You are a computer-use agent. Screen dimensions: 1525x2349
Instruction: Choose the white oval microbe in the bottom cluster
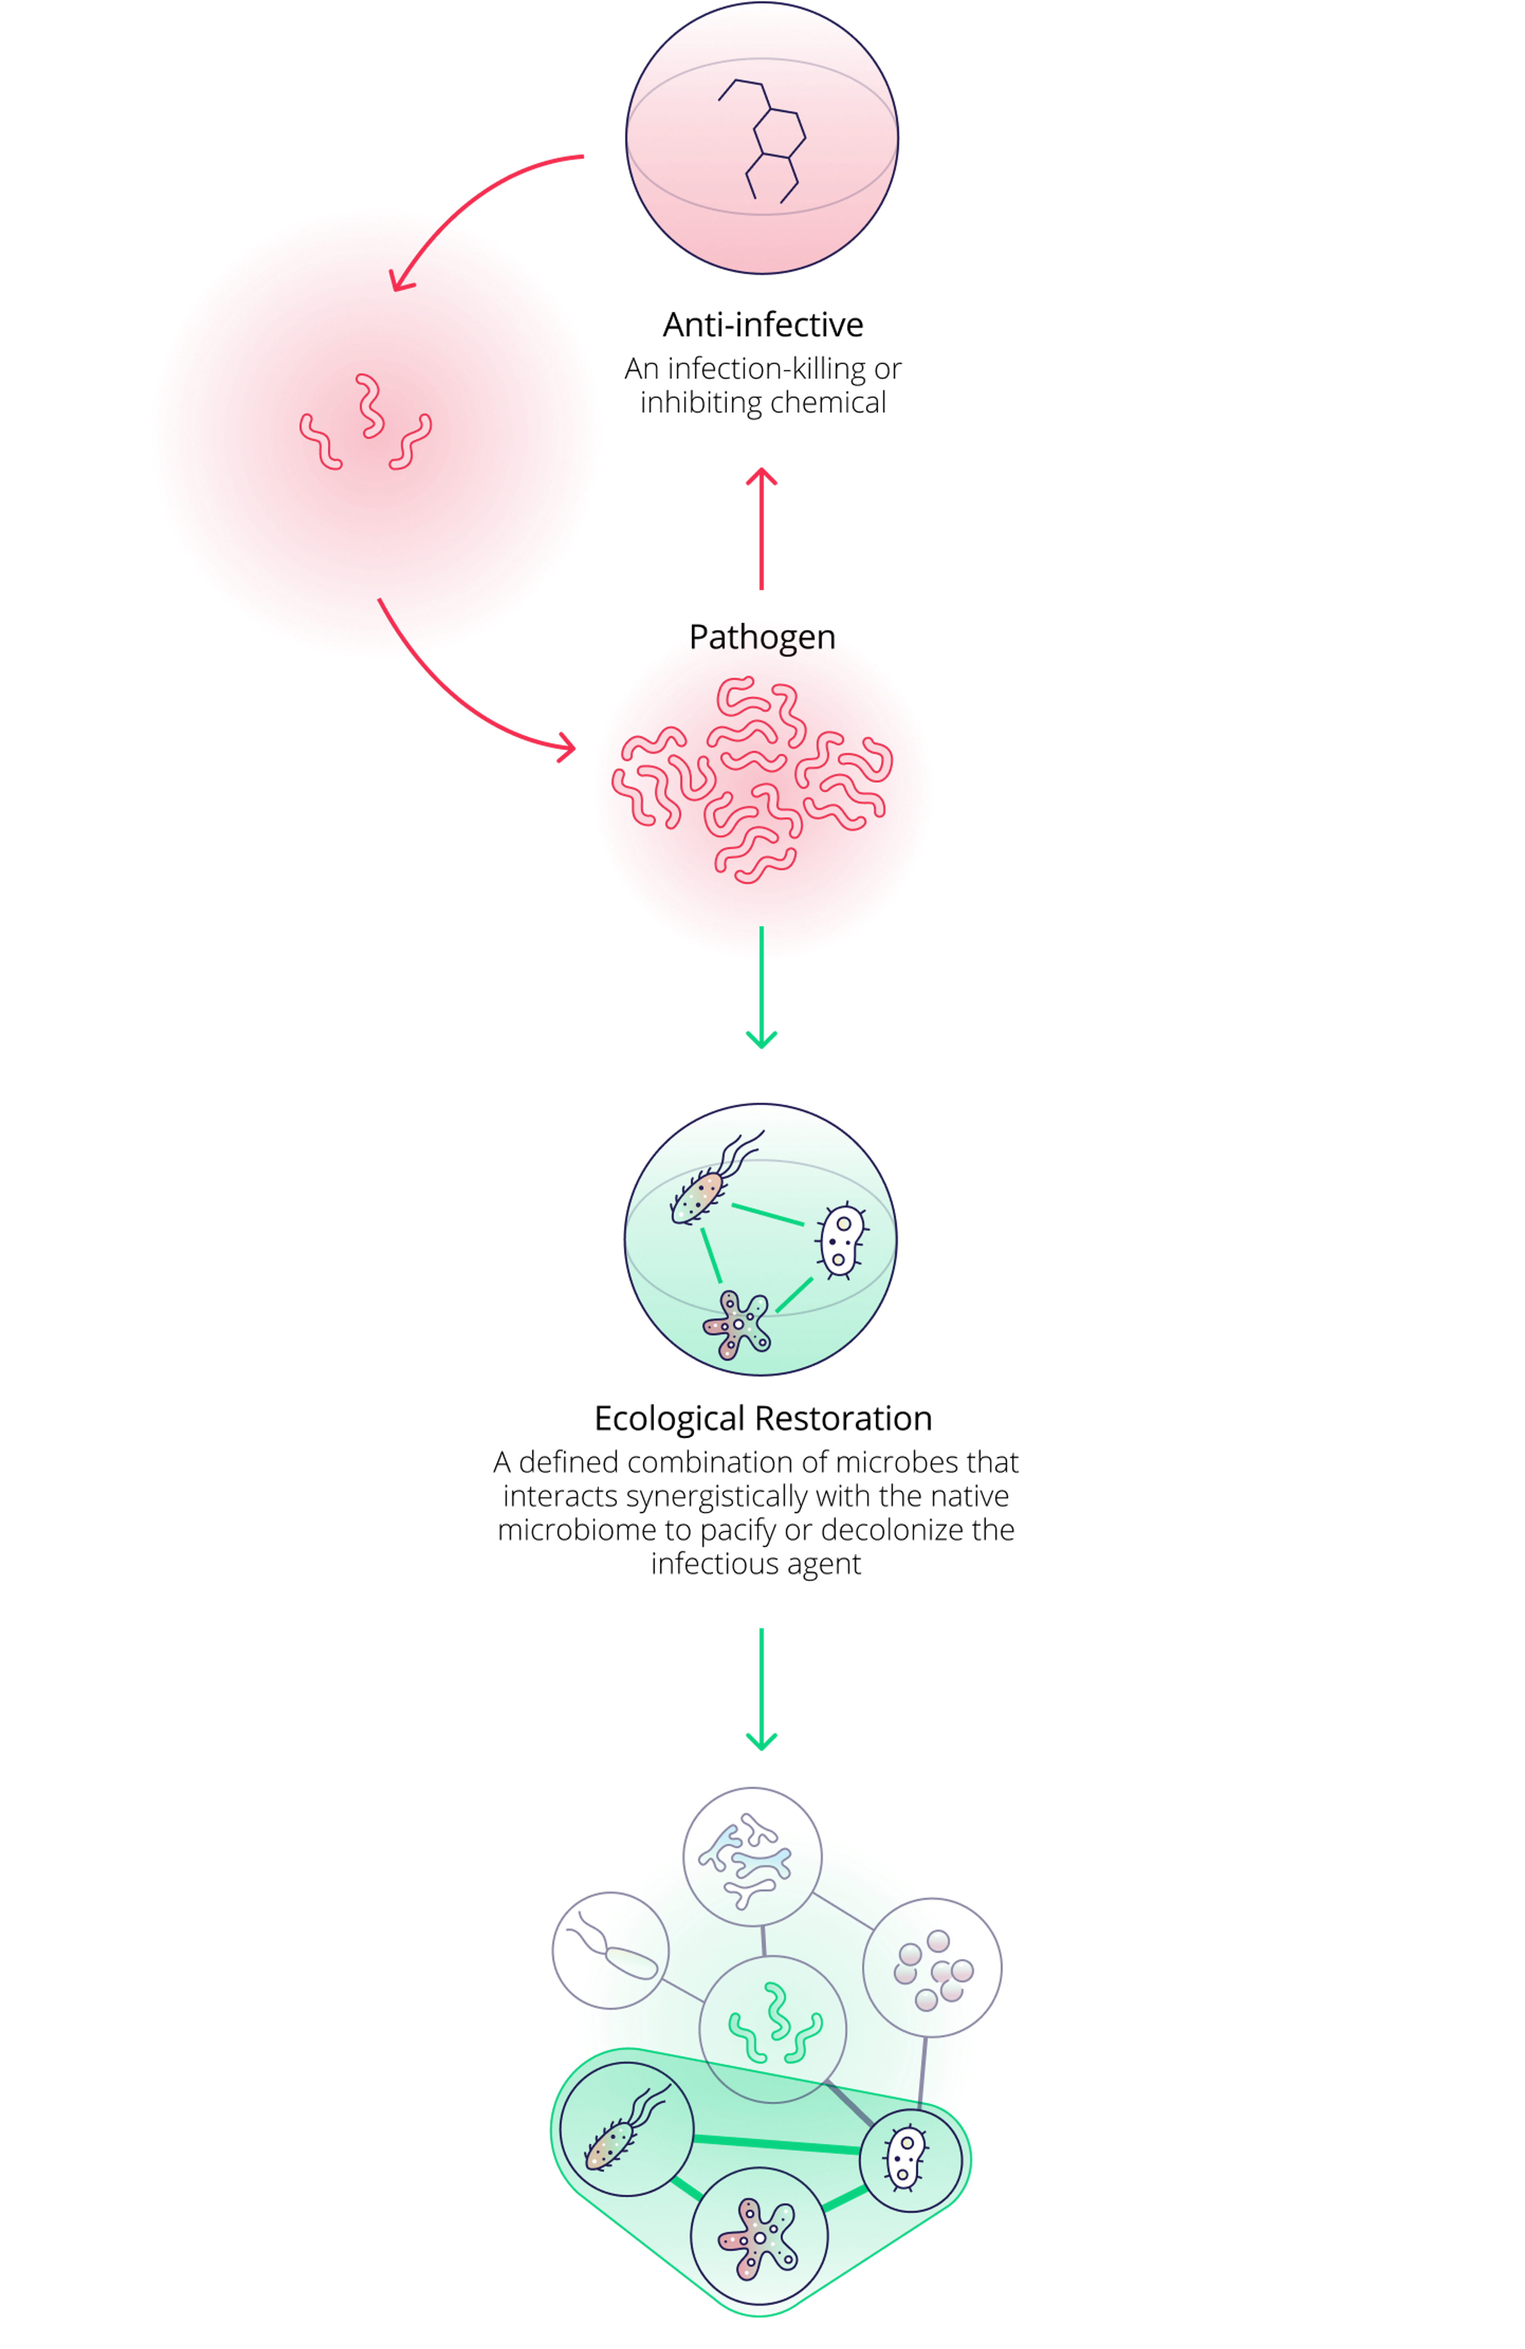(906, 2158)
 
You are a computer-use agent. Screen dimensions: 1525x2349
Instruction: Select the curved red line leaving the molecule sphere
(494, 183)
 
